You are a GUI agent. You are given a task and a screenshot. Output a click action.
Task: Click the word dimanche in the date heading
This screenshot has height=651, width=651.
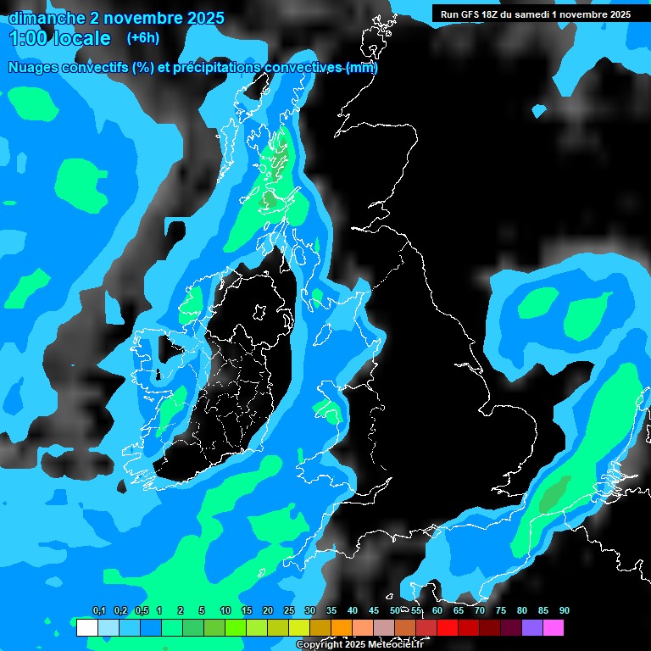[x=47, y=18]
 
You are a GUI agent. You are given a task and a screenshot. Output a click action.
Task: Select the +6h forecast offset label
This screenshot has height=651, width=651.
[x=142, y=38]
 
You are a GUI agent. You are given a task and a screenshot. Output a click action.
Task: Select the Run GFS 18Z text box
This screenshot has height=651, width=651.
[x=535, y=14]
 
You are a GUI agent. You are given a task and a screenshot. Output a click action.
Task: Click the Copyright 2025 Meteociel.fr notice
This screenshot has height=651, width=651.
[x=360, y=644]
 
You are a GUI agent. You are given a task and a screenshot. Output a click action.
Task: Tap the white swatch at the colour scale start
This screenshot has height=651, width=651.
[x=86, y=627]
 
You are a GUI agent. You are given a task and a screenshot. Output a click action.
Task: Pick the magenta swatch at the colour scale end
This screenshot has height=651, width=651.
[x=554, y=627]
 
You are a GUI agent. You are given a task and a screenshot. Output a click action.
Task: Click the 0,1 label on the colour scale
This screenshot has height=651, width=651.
[x=99, y=610]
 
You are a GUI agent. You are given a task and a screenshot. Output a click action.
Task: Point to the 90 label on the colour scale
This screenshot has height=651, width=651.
[x=565, y=610]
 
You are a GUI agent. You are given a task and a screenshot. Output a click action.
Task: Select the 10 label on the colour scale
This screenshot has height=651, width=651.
[x=225, y=610]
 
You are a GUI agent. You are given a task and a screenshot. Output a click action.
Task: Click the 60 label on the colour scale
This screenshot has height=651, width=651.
[x=437, y=610]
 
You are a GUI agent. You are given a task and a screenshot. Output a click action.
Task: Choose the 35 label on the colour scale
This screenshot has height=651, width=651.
[x=331, y=610]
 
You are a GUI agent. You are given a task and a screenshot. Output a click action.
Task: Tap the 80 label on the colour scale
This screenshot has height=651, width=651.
[x=522, y=610]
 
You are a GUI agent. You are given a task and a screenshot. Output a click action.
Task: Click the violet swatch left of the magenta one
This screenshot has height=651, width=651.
[x=532, y=627]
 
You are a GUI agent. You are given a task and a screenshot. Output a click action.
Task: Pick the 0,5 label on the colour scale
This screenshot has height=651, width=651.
[x=142, y=610]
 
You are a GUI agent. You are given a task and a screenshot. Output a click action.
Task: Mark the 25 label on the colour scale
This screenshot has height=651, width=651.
[x=289, y=610]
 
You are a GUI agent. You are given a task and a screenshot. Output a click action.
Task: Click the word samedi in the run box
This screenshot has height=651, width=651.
[x=533, y=14]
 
